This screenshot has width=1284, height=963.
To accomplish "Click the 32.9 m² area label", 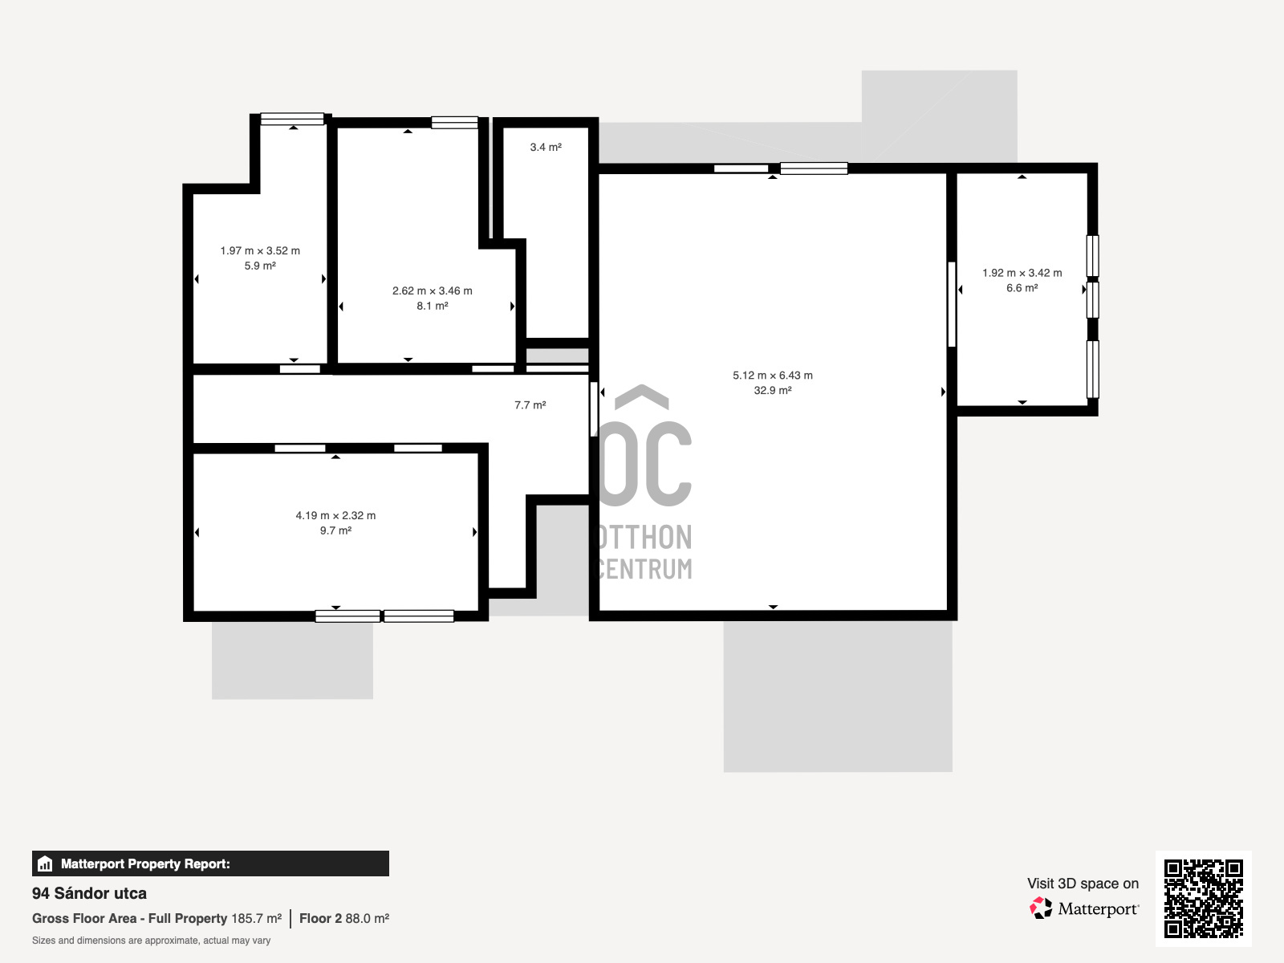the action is pyautogui.click(x=773, y=390).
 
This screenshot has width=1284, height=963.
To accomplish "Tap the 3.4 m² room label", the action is pyautogui.click(x=546, y=147).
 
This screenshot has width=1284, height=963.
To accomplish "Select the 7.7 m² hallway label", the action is pyautogui.click(x=530, y=404).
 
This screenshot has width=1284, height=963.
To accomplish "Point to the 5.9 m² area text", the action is pyautogui.click(x=260, y=266).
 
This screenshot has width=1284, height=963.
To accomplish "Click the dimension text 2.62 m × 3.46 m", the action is pyautogui.click(x=433, y=291).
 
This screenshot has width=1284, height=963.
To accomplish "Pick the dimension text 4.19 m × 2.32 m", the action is pyautogui.click(x=335, y=515).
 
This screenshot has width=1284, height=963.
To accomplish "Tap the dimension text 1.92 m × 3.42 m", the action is pyautogui.click(x=1022, y=273).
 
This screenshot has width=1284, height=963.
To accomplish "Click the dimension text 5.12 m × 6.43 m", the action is pyautogui.click(x=773, y=375).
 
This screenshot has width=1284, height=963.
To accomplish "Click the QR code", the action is pyautogui.click(x=1203, y=898).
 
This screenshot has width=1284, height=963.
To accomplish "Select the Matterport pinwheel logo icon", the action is pyautogui.click(x=1041, y=908).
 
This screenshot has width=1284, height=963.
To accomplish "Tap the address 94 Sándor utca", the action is pyautogui.click(x=89, y=893).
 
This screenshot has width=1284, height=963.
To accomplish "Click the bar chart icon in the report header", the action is pyautogui.click(x=45, y=863).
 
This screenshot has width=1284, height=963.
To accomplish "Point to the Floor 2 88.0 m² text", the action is pyautogui.click(x=344, y=918).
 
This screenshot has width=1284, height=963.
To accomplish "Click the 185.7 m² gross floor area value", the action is pyautogui.click(x=256, y=918).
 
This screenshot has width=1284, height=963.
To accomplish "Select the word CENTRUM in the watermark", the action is pyautogui.click(x=644, y=569).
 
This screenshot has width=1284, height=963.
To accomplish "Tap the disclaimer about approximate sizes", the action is pyautogui.click(x=151, y=941).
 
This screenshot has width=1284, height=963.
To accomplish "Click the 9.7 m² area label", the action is pyautogui.click(x=335, y=530).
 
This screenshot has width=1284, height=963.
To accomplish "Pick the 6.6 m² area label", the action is pyautogui.click(x=1022, y=287).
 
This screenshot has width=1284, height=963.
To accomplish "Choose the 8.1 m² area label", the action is pyautogui.click(x=433, y=306).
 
